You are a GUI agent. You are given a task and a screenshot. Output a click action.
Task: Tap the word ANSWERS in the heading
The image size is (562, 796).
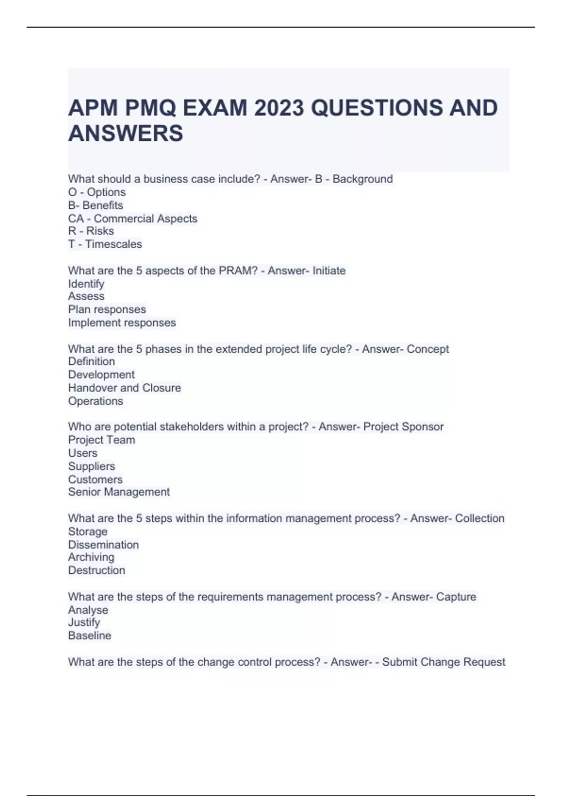tap(126, 133)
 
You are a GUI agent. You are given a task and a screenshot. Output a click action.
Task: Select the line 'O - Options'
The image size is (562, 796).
tap(97, 192)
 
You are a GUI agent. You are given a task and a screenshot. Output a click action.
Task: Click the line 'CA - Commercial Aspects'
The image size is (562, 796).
tap(133, 218)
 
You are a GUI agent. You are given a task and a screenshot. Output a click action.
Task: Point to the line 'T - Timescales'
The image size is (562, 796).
tap(105, 244)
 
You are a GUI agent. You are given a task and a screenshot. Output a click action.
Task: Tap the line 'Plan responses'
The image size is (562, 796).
tap(107, 310)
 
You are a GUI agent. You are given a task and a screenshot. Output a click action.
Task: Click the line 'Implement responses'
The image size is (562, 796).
tap(122, 323)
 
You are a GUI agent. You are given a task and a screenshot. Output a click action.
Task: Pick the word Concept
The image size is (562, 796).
tap(428, 349)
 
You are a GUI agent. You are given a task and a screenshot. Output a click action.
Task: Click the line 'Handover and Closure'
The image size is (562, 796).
tap(124, 388)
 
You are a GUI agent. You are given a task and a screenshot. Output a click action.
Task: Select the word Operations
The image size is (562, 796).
tap(96, 401)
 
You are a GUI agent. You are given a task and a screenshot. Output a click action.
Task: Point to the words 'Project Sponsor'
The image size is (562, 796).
tap(403, 427)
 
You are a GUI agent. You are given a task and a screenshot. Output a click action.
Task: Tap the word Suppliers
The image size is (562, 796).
tap(91, 466)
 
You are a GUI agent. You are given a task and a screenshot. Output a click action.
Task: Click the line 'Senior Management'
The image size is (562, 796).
tap(118, 492)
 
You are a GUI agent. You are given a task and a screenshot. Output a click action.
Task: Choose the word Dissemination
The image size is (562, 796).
tap(103, 545)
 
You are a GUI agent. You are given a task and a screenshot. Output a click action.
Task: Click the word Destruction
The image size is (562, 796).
tap(96, 570)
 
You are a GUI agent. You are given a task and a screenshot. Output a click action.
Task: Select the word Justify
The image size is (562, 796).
tap(84, 622)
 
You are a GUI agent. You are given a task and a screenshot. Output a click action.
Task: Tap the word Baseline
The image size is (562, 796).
tap(89, 635)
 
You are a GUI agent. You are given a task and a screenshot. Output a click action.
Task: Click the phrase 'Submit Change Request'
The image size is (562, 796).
tap(444, 662)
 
